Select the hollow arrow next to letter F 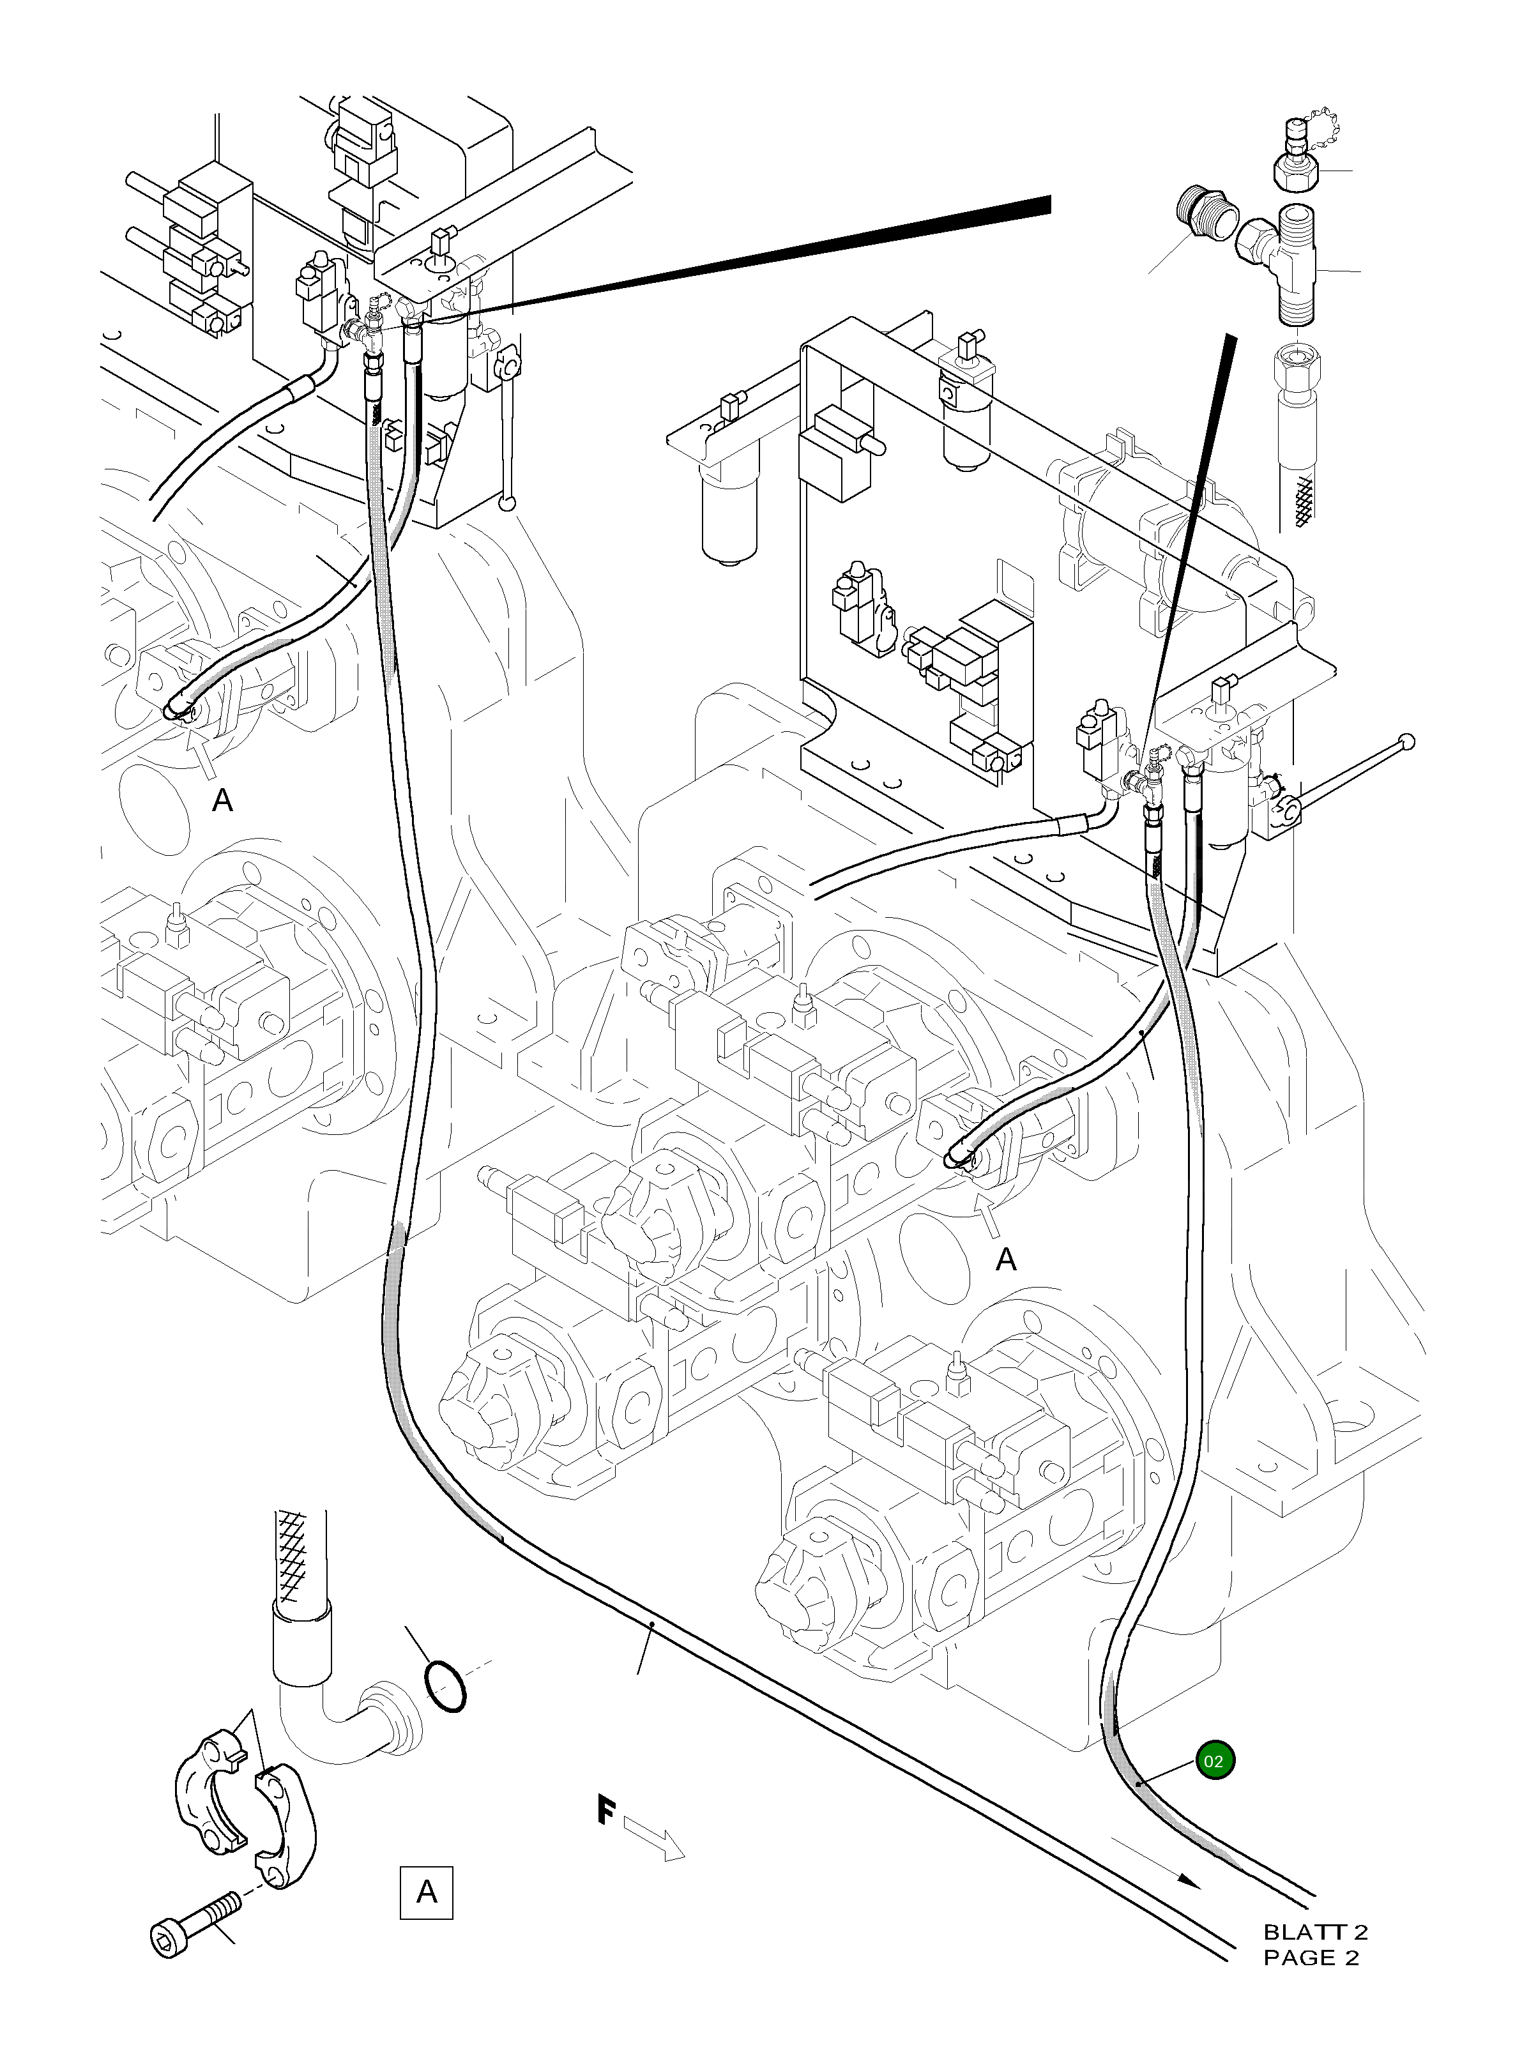[654, 1839]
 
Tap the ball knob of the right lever [1406, 741]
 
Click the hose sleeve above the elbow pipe [300, 1647]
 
